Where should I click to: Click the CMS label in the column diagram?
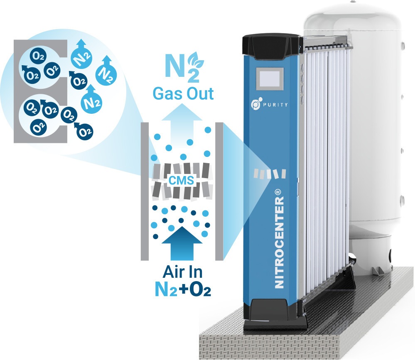coord(181,180)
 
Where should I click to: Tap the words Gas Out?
coord(183,94)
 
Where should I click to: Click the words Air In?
coord(183,272)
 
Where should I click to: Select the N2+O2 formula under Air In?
coord(183,289)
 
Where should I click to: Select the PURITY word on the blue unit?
coord(275,105)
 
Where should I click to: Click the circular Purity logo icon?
coord(256,103)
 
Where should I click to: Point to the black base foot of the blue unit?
coord(275,315)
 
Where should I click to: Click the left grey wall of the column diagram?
coord(145,191)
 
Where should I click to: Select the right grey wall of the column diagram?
coord(219,191)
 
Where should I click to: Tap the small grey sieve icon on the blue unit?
coord(270,174)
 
